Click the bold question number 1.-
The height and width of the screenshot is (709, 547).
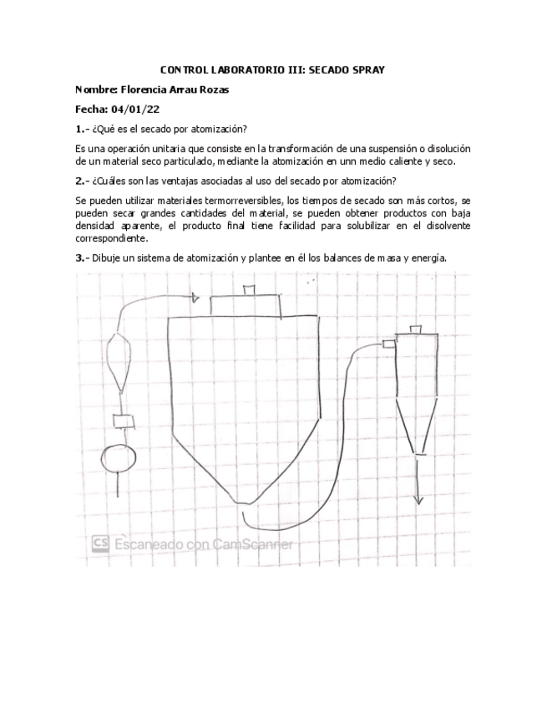point(82,129)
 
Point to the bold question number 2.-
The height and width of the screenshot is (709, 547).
point(82,181)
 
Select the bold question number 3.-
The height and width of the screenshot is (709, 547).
point(82,258)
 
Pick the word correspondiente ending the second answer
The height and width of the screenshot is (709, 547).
point(110,237)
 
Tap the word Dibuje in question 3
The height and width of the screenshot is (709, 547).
point(107,258)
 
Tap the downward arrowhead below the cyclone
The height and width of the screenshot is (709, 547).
point(420,501)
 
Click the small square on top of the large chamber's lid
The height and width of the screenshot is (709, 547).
point(248,289)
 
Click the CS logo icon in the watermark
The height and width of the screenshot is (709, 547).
point(102,543)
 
